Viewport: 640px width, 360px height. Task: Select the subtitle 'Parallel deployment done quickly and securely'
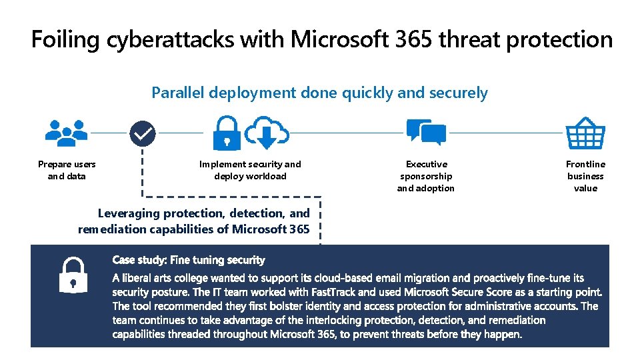pos(319,93)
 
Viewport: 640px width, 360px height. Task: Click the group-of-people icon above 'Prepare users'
pos(66,133)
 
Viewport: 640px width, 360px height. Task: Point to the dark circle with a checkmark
pos(142,133)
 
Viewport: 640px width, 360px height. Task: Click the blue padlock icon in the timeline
pos(227,133)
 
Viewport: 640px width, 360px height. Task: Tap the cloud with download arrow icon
pos(267,133)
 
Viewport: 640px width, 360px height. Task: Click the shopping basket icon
pos(585,133)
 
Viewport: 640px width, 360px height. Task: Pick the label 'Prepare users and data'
pos(67,170)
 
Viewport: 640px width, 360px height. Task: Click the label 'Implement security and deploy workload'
pos(250,170)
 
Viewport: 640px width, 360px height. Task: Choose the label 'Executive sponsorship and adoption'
pos(426,176)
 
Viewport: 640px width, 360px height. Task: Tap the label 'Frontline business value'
pos(585,176)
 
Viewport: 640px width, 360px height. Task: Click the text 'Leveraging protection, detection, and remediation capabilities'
pos(194,221)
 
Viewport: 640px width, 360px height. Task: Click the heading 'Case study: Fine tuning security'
pos(189,260)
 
